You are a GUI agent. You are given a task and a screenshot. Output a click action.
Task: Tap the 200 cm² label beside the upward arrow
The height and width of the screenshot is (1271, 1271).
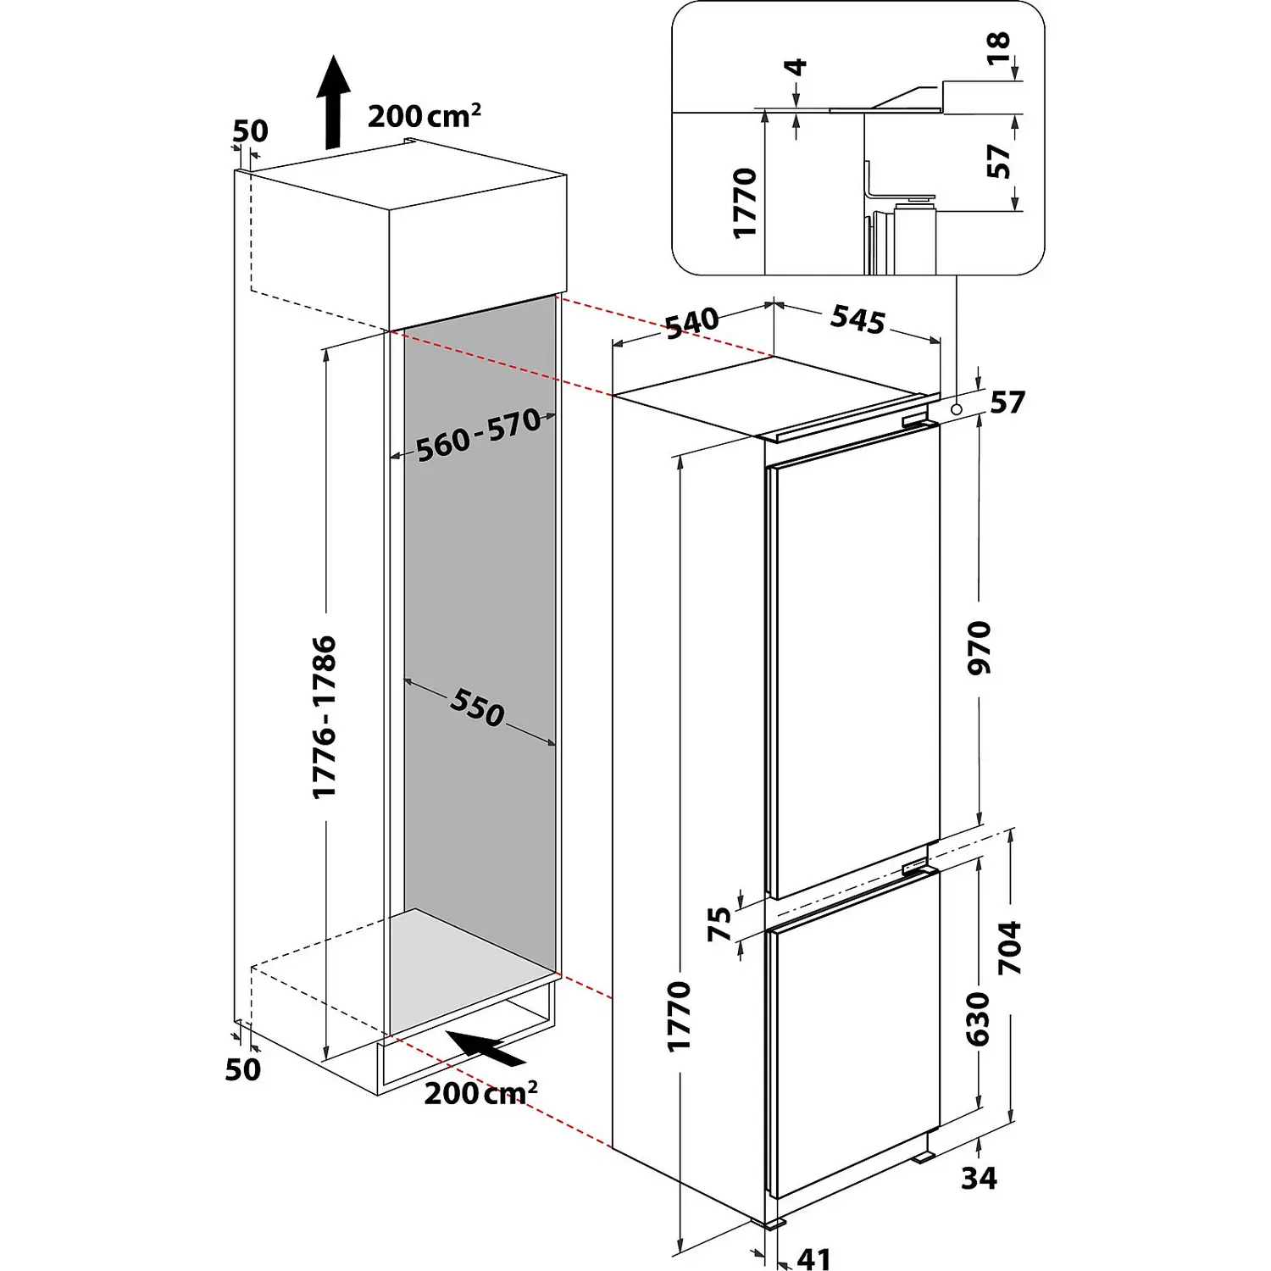tap(424, 115)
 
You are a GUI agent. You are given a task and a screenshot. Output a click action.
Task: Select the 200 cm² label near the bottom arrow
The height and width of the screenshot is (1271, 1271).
tap(480, 1092)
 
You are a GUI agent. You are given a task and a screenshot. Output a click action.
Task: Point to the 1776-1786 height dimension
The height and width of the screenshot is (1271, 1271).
tap(325, 717)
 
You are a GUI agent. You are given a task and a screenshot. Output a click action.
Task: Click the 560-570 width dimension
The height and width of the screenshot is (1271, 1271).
tap(479, 434)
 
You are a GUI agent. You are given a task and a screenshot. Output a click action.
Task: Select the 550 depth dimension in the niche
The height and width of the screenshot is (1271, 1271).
tap(478, 708)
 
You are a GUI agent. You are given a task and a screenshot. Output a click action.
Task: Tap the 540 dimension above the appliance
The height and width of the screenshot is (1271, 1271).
tap(691, 323)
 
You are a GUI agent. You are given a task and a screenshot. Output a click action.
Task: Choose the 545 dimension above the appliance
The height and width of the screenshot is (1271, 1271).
tap(858, 319)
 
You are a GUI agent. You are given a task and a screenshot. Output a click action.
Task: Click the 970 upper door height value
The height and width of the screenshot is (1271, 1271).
tap(979, 647)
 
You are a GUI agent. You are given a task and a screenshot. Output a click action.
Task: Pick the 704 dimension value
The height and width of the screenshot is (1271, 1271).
tap(1011, 947)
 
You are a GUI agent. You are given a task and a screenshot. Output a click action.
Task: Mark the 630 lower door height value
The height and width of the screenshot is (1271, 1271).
tap(978, 1018)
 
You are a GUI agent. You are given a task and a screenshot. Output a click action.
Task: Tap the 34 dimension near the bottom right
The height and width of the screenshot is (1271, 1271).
tap(979, 1177)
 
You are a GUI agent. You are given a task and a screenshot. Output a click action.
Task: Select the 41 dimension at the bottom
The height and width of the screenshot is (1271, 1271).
tap(814, 1257)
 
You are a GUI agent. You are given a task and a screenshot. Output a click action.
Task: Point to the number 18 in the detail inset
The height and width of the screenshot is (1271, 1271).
tap(999, 47)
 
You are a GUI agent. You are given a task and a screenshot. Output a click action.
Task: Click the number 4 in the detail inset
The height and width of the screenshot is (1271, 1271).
tap(797, 67)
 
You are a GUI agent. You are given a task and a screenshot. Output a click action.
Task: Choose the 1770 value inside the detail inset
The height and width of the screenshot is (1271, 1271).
tap(745, 203)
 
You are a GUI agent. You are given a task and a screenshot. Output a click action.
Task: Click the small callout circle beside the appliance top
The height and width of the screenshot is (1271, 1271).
tap(957, 409)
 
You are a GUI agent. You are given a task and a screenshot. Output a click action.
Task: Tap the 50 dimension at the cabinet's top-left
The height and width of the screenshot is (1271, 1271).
tap(250, 131)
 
